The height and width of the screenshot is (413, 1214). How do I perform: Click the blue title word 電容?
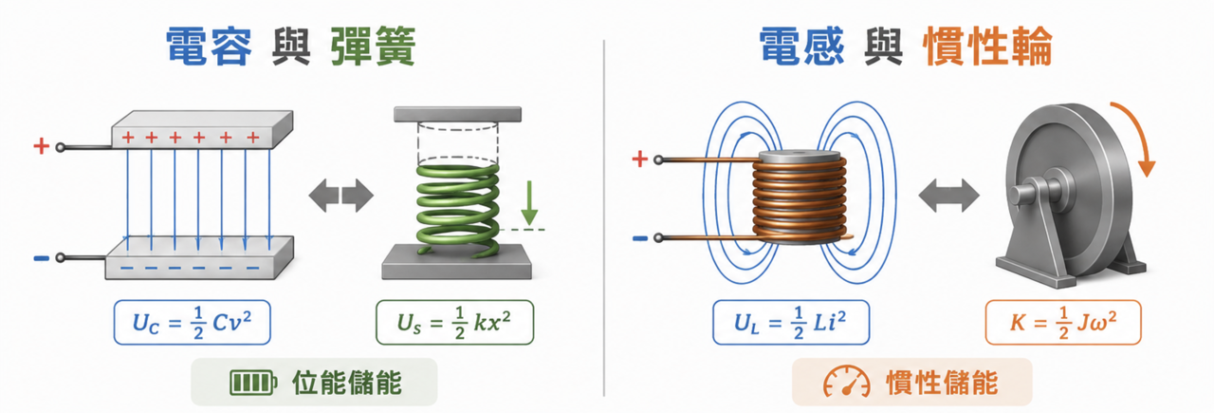click(209, 47)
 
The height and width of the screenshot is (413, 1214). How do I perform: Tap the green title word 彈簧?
click(373, 47)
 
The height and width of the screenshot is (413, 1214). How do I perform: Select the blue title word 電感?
click(801, 47)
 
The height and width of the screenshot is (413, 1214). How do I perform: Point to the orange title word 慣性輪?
click(987, 47)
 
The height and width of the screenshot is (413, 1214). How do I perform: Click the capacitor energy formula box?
click(192, 323)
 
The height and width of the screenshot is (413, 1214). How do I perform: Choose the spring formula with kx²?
click(454, 323)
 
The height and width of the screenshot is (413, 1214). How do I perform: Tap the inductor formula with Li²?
click(791, 323)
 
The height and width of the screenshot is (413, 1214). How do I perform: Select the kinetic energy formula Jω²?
click(1063, 323)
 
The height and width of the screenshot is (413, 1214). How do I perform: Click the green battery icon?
click(253, 383)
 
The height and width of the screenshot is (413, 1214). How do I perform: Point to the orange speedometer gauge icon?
click(847, 382)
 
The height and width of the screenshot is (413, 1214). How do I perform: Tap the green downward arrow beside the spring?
click(529, 203)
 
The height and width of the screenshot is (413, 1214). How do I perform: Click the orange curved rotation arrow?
click(1137, 139)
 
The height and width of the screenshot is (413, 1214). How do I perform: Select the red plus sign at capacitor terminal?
click(41, 146)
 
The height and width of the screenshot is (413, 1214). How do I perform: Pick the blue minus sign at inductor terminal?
click(640, 237)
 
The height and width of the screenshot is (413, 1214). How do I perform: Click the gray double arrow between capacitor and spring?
click(340, 196)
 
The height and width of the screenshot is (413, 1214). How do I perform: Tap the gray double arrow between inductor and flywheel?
click(949, 196)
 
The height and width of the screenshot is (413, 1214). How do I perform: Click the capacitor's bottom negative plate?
click(199, 258)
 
